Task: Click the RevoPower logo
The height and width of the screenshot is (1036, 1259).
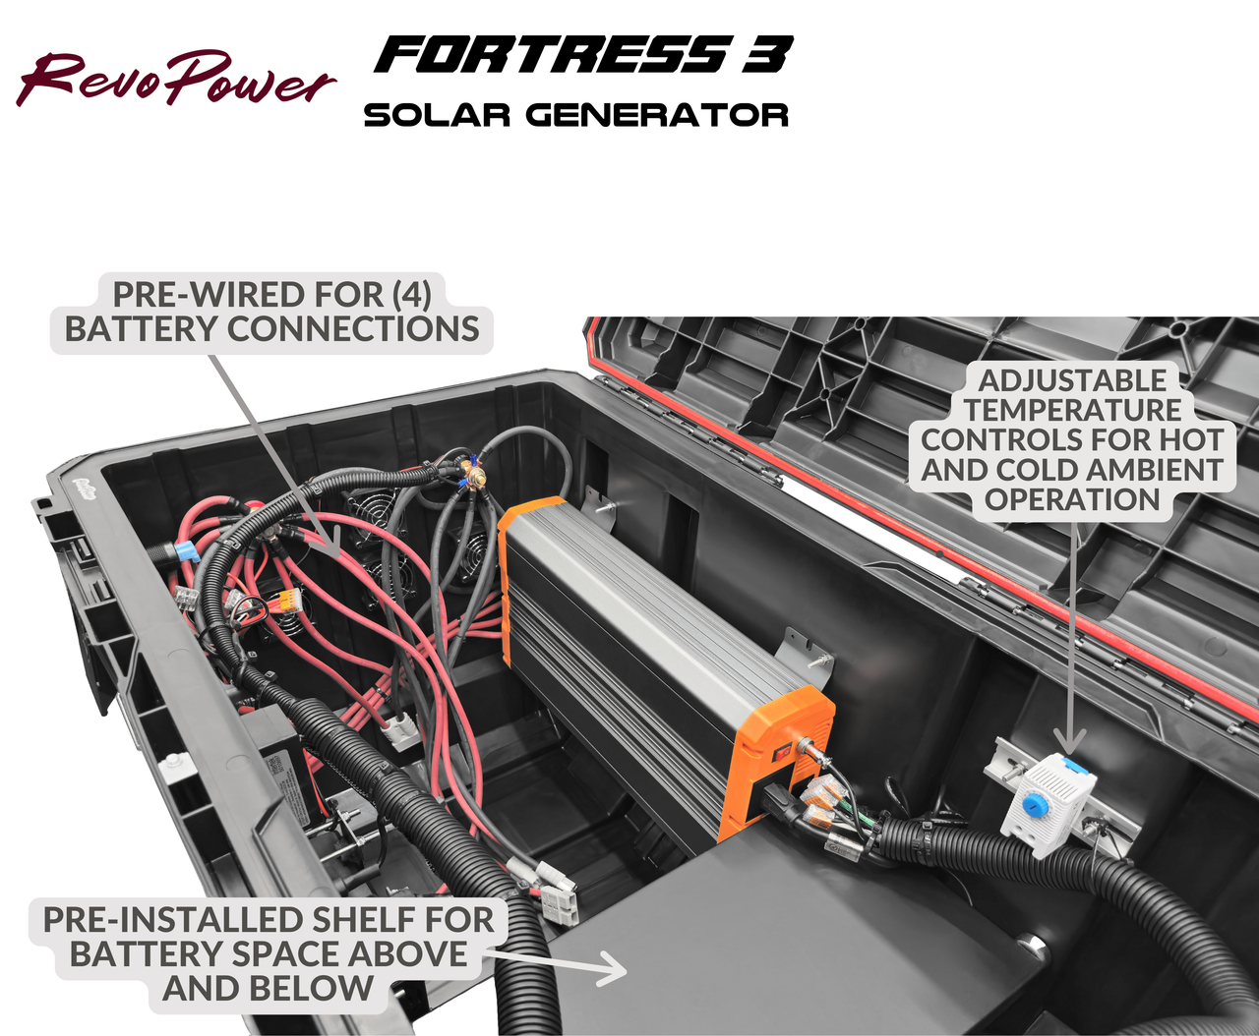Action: [175, 79]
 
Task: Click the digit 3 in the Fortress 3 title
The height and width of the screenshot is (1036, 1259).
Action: [767, 55]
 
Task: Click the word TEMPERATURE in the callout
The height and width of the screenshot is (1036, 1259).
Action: [1072, 410]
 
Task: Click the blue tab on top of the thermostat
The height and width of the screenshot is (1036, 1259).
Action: [1075, 765]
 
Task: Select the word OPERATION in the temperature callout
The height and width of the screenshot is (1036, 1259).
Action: [1072, 499]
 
